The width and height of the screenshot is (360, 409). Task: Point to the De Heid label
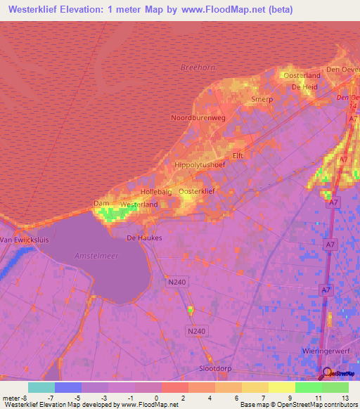point(305,87)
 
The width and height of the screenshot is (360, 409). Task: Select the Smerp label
point(262,100)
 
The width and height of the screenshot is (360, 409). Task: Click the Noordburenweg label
point(198,118)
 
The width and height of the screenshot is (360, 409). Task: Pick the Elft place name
point(237,156)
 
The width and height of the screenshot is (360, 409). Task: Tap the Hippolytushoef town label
point(200,166)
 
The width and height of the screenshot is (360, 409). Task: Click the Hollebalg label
point(156,192)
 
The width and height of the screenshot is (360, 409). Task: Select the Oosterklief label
point(197,191)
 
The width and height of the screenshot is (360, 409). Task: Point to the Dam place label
point(100,204)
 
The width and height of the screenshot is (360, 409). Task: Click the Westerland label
point(139,204)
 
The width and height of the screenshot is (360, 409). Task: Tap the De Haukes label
point(144,238)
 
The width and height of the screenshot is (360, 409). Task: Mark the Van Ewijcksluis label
point(22,240)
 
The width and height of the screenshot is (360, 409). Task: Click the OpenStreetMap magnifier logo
point(325,373)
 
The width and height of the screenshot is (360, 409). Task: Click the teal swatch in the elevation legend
point(41,387)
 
